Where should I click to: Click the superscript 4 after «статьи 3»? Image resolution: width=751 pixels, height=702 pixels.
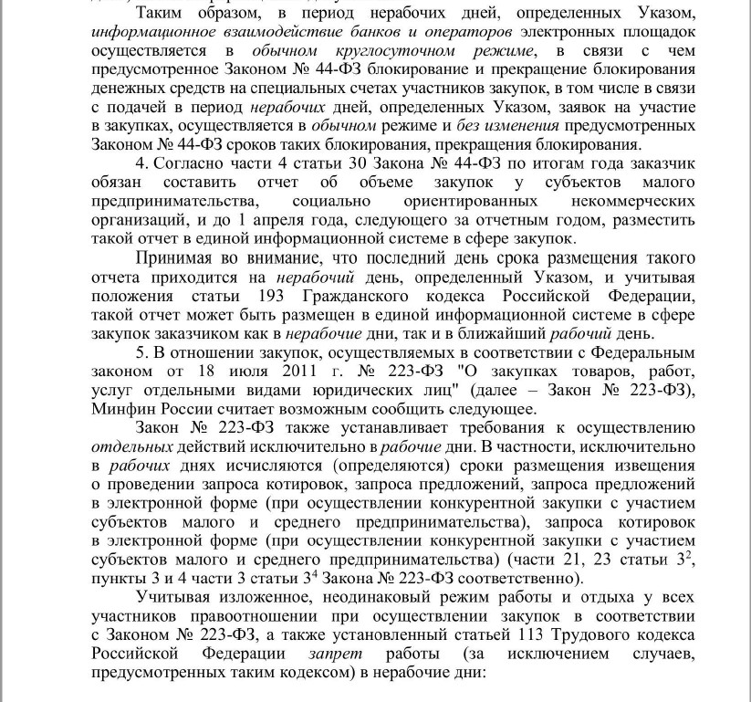coord(313,574)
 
